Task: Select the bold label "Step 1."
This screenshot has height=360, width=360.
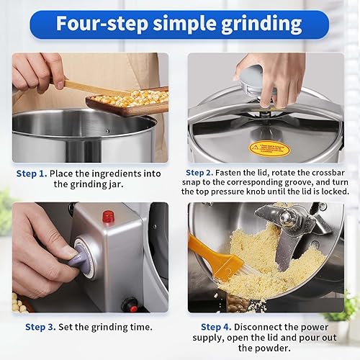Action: point(32,174)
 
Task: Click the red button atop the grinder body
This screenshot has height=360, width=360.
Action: point(109,216)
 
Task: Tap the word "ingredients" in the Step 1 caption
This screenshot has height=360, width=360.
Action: point(122,174)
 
